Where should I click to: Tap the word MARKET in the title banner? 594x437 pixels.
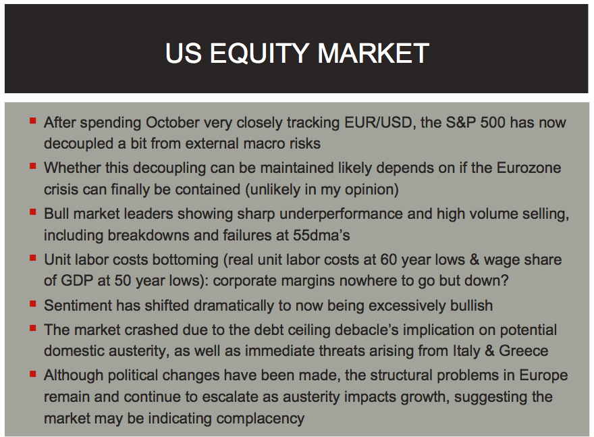pos(373,53)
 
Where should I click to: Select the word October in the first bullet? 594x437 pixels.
pos(172,122)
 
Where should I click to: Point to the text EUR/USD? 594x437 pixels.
pos(378,122)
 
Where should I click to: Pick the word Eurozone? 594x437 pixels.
pos(529,168)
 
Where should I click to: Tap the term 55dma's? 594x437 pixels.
pos(321,235)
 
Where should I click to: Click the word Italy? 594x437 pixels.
pos(466,351)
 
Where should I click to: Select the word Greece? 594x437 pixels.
pos(524,351)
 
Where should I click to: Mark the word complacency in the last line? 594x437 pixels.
pos(261,419)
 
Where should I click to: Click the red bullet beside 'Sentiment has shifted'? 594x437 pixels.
pos(33,303)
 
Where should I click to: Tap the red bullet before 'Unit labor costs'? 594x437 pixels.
pos(33,258)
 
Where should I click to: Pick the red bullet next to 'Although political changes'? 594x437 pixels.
pos(33,374)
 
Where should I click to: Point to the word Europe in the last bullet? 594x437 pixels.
pos(543,376)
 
